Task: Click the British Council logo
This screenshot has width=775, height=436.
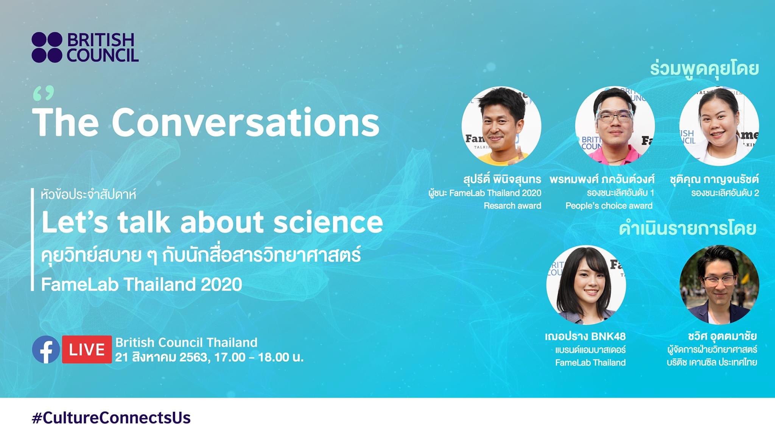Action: (85, 47)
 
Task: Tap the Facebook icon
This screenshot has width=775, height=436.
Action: (46, 350)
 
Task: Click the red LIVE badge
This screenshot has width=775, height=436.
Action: (87, 350)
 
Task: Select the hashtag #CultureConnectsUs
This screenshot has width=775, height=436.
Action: (111, 418)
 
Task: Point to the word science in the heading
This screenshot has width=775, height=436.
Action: (328, 222)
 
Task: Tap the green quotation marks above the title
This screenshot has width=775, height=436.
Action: (44, 94)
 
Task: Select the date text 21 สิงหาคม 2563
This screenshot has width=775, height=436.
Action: (162, 357)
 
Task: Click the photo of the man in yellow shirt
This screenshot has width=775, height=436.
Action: (501, 126)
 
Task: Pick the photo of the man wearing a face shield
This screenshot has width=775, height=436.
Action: (615, 126)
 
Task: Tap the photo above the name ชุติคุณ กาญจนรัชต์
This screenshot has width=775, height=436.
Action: (719, 126)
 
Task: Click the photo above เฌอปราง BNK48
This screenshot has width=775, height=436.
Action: (586, 285)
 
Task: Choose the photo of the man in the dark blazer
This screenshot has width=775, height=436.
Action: (719, 285)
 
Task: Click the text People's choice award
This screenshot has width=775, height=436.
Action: (609, 206)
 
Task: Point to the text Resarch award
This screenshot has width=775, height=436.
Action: (512, 206)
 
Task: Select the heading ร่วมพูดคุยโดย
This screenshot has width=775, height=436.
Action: (705, 69)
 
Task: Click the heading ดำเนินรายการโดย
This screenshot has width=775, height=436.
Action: (688, 228)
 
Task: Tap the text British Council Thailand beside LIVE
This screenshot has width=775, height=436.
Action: (187, 342)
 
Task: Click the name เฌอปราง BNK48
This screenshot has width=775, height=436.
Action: (585, 336)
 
